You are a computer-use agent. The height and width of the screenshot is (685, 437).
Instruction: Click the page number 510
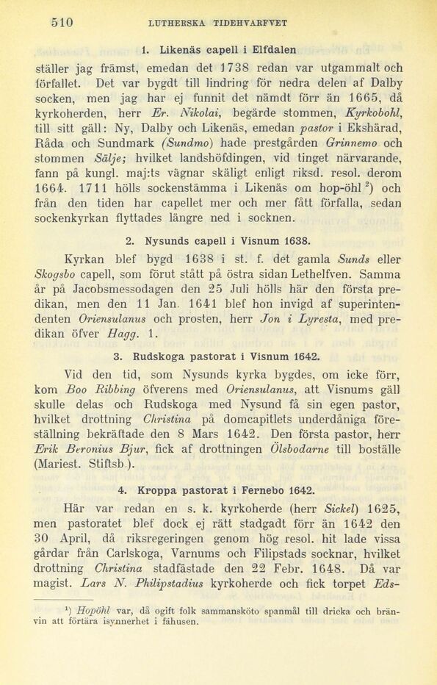coord(62,22)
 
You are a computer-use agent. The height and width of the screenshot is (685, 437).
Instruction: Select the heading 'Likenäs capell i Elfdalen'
coord(219,50)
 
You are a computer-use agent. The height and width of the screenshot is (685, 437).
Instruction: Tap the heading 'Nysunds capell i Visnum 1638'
coord(219,240)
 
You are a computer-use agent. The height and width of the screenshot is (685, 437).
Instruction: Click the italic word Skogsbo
coord(54,274)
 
